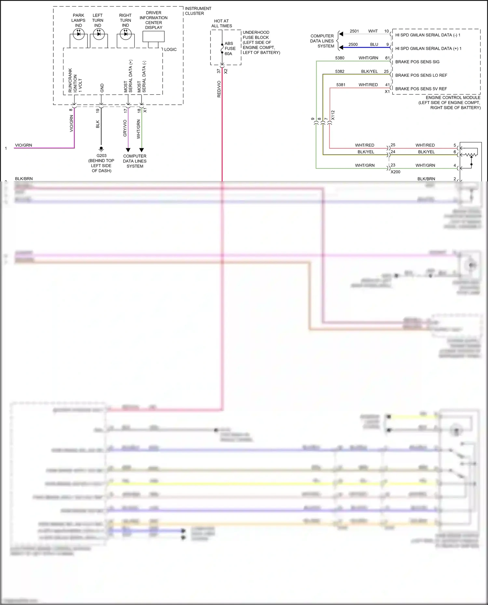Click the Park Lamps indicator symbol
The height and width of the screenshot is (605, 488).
tap(78, 34)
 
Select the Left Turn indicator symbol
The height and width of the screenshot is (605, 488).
tap(99, 34)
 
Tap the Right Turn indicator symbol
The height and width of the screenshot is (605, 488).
tap(126, 34)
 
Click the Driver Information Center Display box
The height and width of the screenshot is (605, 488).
tap(154, 36)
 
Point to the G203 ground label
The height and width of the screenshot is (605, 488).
tap(102, 156)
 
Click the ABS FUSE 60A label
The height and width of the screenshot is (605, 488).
tap(230, 48)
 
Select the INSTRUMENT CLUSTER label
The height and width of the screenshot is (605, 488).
tap(198, 11)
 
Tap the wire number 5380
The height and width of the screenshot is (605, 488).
tap(340, 58)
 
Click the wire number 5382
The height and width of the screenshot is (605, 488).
tap(340, 71)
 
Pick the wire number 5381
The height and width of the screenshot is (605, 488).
tap(341, 85)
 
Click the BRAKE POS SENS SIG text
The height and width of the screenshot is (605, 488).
tap(417, 62)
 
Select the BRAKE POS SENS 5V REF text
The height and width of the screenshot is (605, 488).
tap(421, 89)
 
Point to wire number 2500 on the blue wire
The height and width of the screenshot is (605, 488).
tap(353, 45)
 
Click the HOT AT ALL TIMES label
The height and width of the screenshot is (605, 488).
tap(222, 23)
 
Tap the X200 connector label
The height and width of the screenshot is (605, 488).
tap(395, 172)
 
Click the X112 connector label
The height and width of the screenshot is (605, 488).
tap(333, 115)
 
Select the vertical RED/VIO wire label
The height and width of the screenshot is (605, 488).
tap(219, 89)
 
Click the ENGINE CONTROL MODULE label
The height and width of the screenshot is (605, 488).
tap(453, 98)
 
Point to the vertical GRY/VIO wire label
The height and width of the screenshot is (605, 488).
tap(125, 128)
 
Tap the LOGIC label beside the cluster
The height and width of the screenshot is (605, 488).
tap(170, 49)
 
